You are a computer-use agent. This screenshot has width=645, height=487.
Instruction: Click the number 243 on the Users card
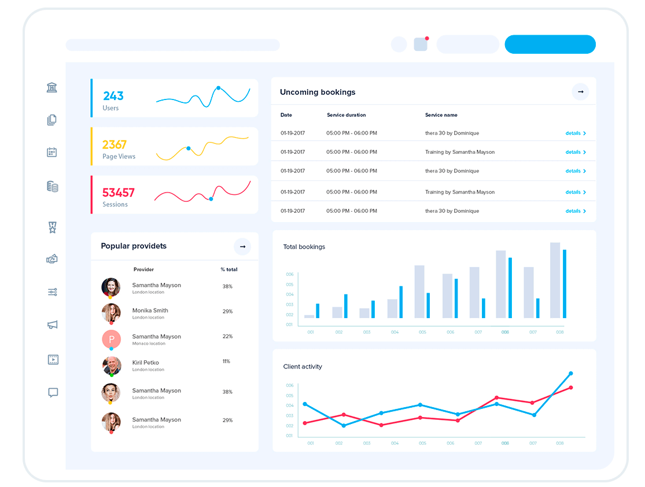coord(113,96)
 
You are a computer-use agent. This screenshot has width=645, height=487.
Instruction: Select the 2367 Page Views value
coord(115,145)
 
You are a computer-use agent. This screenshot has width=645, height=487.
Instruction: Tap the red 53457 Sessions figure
coord(119,193)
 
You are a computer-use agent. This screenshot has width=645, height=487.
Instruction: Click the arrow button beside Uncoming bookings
coord(580,92)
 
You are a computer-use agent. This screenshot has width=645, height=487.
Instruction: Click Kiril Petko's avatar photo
coord(111,366)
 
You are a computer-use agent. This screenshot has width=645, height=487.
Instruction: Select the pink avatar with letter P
coord(111,339)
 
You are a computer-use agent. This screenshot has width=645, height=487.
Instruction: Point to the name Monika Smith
coord(150,311)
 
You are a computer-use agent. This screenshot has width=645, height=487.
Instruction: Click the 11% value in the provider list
coord(226,361)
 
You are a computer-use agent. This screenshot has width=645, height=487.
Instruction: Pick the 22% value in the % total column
coord(227,337)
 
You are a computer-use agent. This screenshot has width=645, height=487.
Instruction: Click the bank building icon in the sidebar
coord(52,88)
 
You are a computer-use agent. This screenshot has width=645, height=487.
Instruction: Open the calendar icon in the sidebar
coord(52,153)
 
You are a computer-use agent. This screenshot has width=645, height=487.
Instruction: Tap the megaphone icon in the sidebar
coord(53,325)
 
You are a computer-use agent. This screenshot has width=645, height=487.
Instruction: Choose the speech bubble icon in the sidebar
coord(53,393)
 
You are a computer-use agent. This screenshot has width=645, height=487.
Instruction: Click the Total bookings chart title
coord(304,247)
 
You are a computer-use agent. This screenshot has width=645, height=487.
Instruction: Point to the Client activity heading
coord(303,367)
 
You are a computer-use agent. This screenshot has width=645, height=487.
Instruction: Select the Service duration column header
coord(347,115)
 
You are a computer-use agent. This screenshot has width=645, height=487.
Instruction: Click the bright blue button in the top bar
coord(550,45)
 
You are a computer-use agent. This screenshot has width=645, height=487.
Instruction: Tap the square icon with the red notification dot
coord(421,45)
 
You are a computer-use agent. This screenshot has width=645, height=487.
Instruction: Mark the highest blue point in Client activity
coord(571,374)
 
